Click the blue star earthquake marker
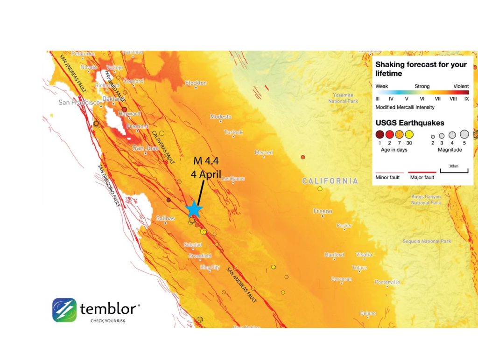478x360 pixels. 194,209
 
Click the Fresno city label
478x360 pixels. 323,211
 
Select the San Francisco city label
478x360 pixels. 79,102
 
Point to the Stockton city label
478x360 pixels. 196,83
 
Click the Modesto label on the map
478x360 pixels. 221,117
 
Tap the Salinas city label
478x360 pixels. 165,218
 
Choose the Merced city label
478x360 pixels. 264,152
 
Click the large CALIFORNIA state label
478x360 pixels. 330,181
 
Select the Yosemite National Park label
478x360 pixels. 343,98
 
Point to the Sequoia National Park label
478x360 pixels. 427,241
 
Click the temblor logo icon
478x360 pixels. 64,310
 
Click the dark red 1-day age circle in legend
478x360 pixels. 380,135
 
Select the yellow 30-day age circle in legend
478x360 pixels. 409,135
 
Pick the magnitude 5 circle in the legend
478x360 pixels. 464,134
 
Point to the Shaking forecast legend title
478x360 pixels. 421,69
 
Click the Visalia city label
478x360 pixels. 364,255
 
